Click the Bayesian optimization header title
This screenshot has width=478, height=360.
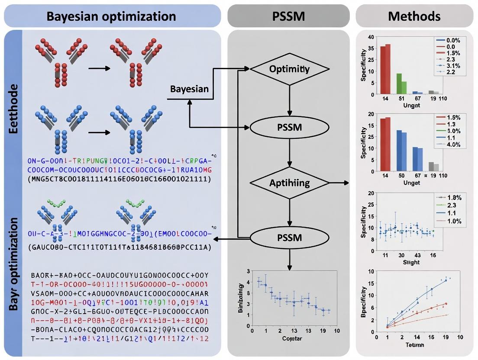click(111, 16)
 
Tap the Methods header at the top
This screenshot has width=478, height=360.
click(414, 16)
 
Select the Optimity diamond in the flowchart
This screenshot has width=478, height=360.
click(289, 69)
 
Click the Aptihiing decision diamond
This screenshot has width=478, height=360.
click(289, 183)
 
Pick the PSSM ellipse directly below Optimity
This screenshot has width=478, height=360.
click(289, 128)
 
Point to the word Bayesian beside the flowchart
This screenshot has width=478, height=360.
click(189, 89)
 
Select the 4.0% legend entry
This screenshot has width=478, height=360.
click(451, 145)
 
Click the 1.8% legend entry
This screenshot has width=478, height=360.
click(451, 197)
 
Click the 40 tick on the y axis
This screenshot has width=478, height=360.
click(370, 37)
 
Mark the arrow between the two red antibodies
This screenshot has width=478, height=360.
click(97, 68)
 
